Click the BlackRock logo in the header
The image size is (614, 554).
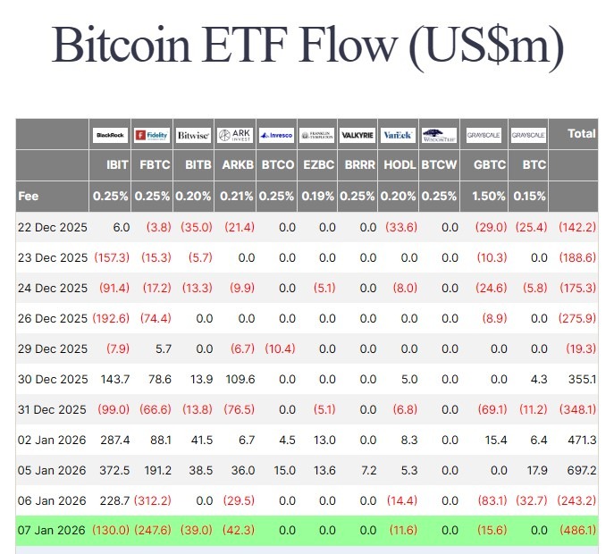[x=111, y=135]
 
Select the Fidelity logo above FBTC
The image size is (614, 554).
[x=152, y=135]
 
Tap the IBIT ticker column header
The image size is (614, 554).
[x=117, y=165]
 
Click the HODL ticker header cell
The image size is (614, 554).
[x=399, y=165]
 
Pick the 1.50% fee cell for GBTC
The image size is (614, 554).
[x=489, y=196]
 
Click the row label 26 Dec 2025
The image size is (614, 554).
[x=53, y=318]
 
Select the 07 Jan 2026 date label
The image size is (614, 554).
[x=53, y=530]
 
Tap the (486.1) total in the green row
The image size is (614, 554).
[x=577, y=530]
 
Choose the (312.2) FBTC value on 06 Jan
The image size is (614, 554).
[x=152, y=500]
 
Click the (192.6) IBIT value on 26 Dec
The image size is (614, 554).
[x=112, y=318]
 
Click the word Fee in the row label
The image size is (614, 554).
[x=28, y=196]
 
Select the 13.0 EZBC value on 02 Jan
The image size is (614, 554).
[x=324, y=440]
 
